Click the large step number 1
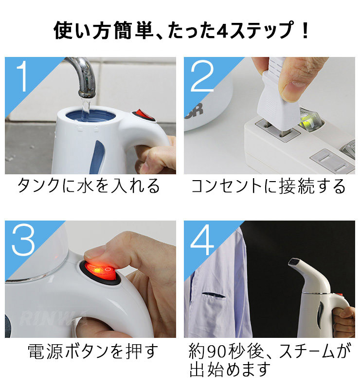point(22,76)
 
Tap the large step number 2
point(202,76)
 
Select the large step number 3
point(23,240)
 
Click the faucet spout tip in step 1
point(87,94)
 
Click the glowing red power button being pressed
point(100,271)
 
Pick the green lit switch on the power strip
point(309,119)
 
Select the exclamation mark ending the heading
point(306,30)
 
